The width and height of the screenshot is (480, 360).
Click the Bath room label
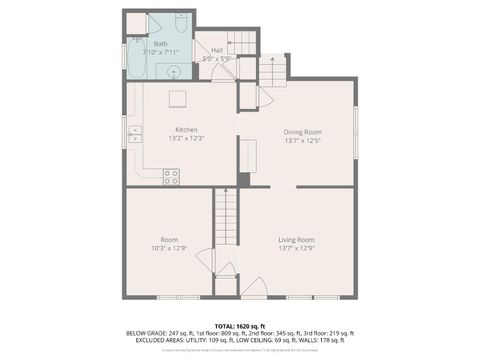(x=160, y=44)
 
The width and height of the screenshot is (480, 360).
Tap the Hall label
(x=216, y=49)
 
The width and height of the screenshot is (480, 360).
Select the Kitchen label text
(x=187, y=130)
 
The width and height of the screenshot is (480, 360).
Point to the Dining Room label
(x=301, y=132)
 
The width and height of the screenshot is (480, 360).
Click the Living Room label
(x=296, y=239)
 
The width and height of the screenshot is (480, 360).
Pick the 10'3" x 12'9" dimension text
(x=169, y=247)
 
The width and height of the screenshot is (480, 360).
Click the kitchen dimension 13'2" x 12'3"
(x=187, y=138)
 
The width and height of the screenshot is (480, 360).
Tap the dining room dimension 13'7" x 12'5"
(x=301, y=140)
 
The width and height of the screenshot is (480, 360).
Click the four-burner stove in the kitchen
(x=171, y=177)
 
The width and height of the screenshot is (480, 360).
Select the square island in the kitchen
(x=177, y=98)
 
